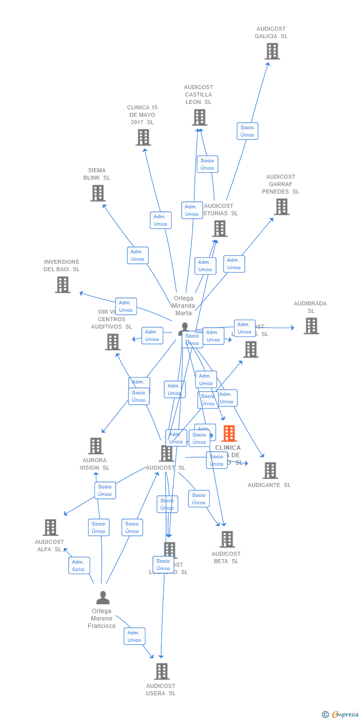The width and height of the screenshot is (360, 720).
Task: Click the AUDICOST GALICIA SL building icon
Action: tap(272, 51)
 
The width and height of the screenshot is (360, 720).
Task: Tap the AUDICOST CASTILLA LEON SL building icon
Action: tap(199, 117)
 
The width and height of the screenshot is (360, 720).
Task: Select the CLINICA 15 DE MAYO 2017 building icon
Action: tap(143, 137)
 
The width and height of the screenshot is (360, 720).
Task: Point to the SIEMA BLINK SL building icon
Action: tap(98, 193)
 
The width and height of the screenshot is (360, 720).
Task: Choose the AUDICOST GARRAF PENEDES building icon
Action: tap(281, 206)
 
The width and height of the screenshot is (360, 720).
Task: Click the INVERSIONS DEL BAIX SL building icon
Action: tap(63, 285)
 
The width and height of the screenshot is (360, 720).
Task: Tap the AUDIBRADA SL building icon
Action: tap(311, 326)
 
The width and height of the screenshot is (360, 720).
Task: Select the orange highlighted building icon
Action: tap(229, 433)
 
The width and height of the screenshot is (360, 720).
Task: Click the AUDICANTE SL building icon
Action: tap(270, 470)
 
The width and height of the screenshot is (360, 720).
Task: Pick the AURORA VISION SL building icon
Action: tap(95, 445)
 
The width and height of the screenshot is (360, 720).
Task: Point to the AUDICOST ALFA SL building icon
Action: tap(50, 527)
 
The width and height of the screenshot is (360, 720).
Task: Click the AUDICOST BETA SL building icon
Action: tap(227, 539)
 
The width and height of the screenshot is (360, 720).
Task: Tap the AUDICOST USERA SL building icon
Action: tap(162, 671)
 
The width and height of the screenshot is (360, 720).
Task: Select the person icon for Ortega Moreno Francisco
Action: tap(103, 598)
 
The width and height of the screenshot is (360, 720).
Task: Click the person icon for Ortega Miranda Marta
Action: tap(184, 328)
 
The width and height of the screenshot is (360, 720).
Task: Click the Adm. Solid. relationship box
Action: tap(79, 565)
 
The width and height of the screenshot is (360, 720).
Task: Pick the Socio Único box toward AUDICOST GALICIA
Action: tap(247, 131)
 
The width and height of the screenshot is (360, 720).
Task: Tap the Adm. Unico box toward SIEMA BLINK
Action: tap(137, 255)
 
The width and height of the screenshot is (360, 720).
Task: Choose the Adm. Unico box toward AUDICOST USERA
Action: tap(135, 636)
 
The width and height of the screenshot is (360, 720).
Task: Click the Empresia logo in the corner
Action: tap(342, 714)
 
